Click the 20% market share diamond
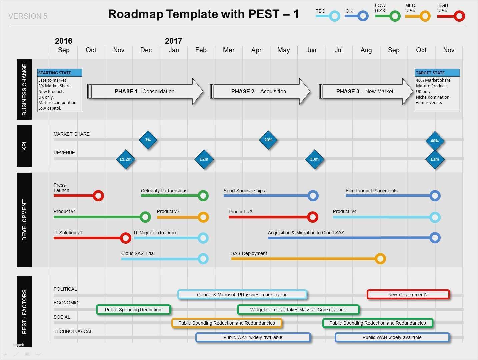click(x=268, y=140)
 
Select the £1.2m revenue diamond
click(x=126, y=159)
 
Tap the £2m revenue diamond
click(x=204, y=159)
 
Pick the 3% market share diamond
click(x=148, y=140)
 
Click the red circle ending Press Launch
click(x=98, y=196)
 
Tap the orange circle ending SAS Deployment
click(x=380, y=259)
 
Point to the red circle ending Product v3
click(x=312, y=217)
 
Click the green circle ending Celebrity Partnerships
click(x=203, y=196)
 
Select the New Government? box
click(x=408, y=295)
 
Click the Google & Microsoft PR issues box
click(x=242, y=295)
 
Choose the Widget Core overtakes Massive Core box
click(x=298, y=310)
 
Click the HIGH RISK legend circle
click(x=459, y=16)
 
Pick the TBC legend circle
click(x=334, y=16)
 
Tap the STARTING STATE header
click(x=60, y=73)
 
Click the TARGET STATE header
click(x=437, y=73)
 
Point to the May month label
click(x=284, y=50)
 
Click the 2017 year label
click(x=173, y=41)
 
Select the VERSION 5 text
click(x=28, y=16)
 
